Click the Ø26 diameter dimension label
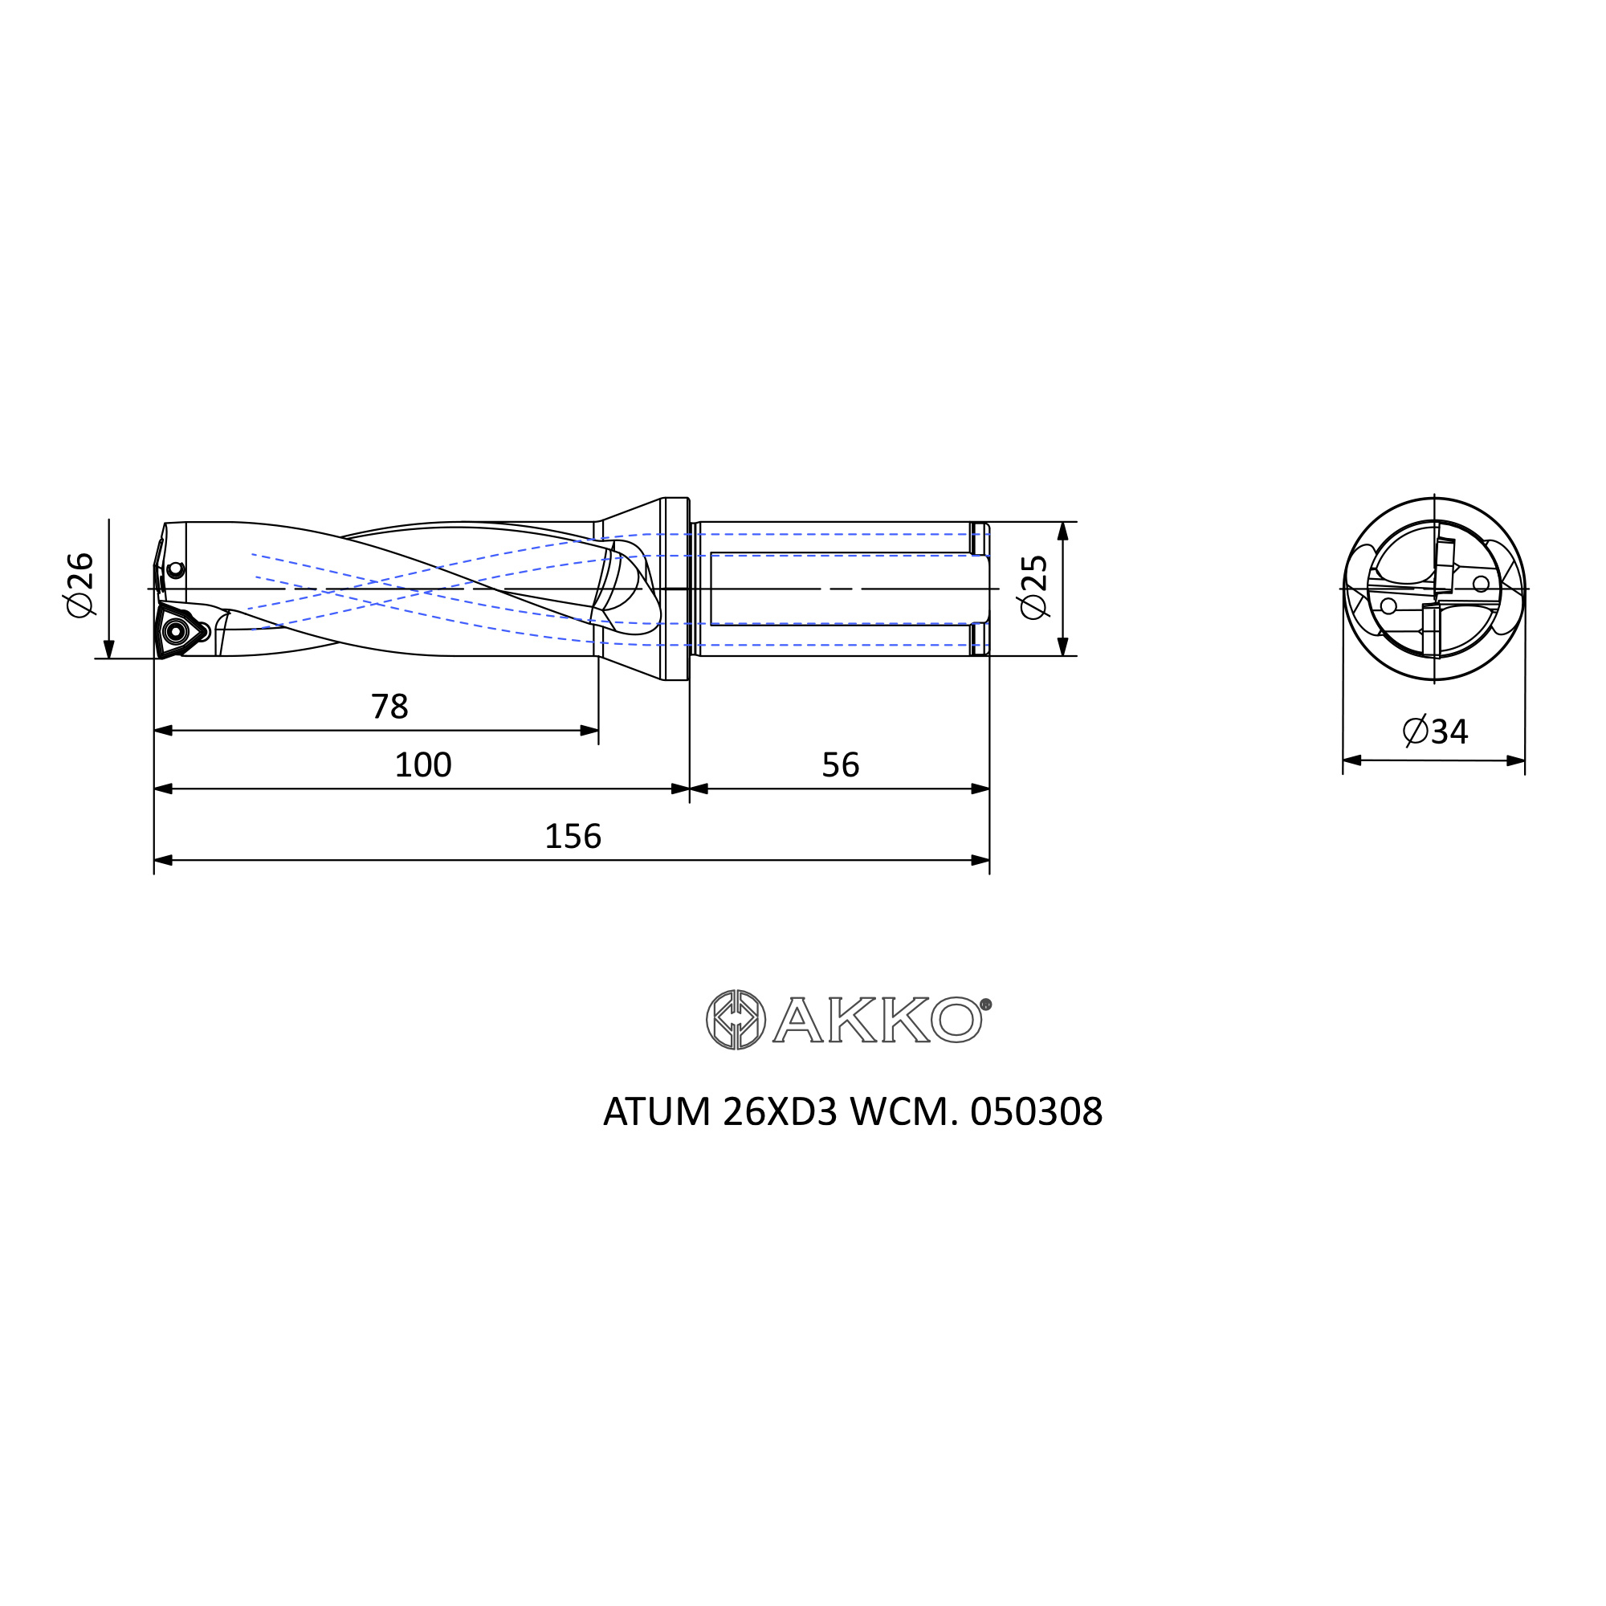coord(80,585)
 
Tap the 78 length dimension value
coord(390,707)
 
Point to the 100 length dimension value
coord(423,764)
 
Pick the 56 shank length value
coord(841,764)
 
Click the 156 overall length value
coord(573,836)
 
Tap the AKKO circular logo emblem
coord(736,1019)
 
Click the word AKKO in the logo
coord(878,1020)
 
